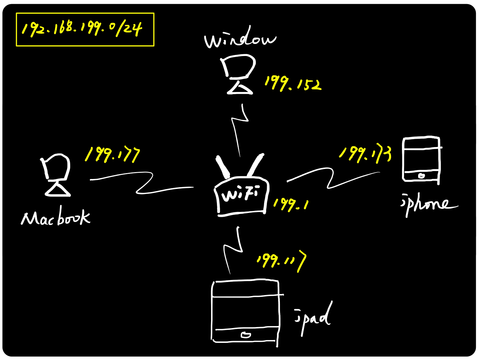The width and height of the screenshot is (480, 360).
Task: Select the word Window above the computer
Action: click(240, 39)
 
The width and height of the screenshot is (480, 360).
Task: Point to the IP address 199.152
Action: click(293, 83)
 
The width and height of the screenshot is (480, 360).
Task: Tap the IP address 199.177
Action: click(112, 155)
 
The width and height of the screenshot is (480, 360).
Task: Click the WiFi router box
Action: click(241, 197)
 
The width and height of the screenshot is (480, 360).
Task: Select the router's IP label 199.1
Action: click(291, 204)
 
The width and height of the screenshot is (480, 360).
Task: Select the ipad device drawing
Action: click(246, 311)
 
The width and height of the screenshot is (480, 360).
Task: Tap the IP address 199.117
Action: click(281, 261)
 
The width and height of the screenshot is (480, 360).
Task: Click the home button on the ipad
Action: click(246, 335)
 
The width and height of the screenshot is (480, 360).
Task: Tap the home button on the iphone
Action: click(422, 176)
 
